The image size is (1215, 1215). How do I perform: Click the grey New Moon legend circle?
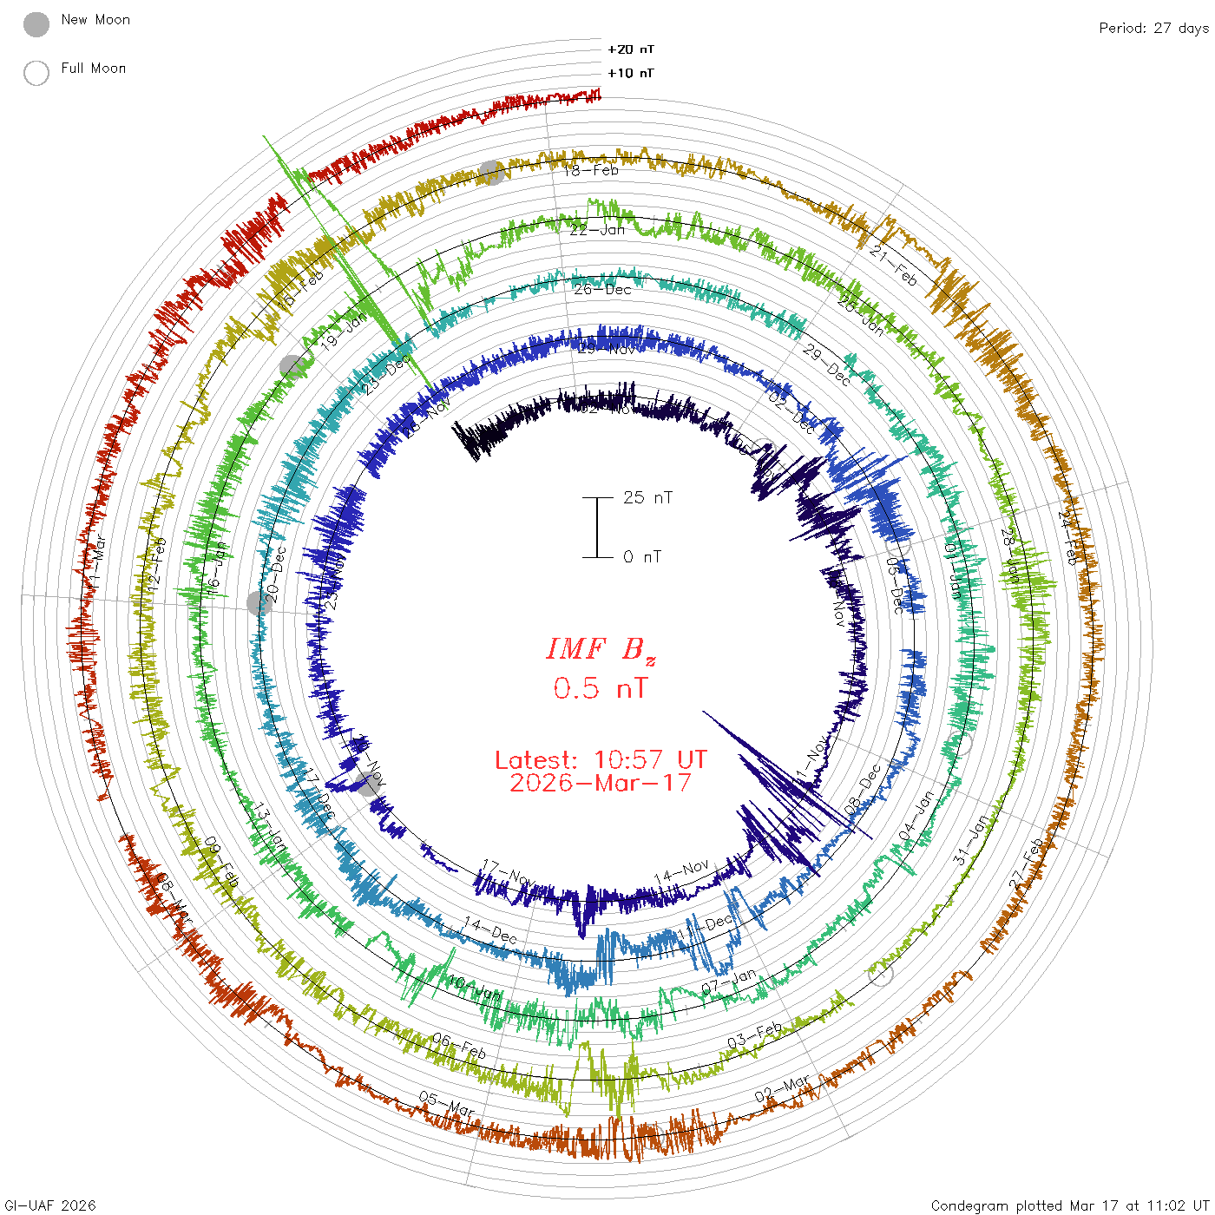[36, 24]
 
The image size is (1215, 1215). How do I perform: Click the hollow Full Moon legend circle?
[36, 73]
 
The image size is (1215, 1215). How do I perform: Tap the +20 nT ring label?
[631, 49]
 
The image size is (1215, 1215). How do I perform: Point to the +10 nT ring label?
[631, 73]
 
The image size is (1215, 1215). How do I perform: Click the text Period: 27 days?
[1153, 28]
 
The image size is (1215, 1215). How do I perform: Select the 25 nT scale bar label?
[647, 497]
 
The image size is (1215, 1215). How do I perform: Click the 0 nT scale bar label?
[642, 556]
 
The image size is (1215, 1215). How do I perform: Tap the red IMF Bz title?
[601, 649]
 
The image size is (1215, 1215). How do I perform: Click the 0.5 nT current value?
[601, 688]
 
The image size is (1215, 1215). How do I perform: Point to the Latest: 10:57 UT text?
[601, 760]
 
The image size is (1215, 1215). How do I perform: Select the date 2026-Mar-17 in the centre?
[601, 783]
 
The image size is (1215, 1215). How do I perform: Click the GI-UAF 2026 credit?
[49, 1205]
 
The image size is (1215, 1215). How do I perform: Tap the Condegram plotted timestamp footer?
[1070, 1205]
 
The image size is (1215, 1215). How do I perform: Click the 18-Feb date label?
[591, 171]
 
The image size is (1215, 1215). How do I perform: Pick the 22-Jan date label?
[597, 230]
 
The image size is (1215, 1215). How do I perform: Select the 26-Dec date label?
[602, 289]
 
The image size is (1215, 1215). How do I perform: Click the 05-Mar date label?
[447, 1104]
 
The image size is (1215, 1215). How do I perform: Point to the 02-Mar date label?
[782, 1090]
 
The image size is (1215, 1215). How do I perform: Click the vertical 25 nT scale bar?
[597, 527]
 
